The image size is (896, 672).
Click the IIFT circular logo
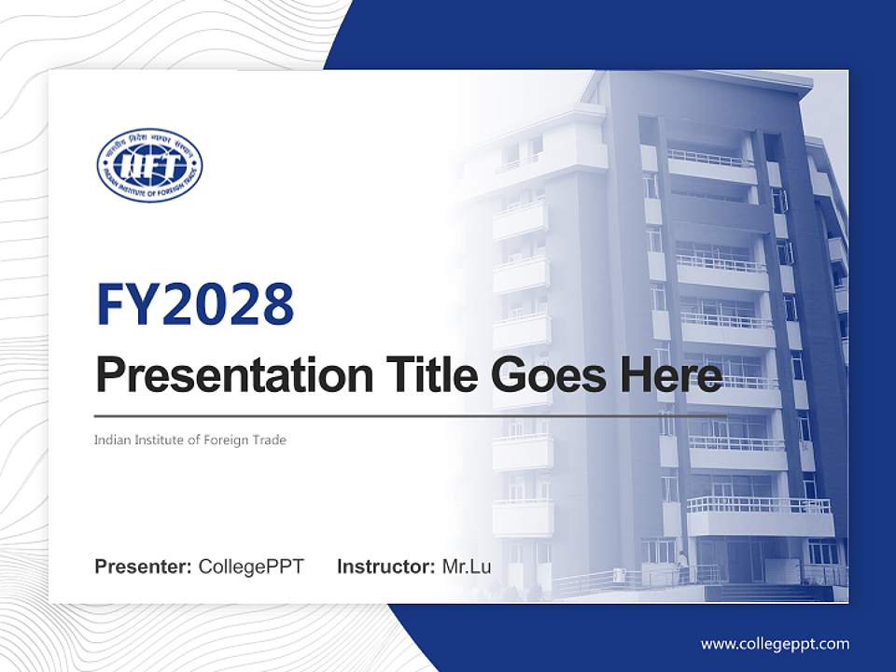click(x=149, y=165)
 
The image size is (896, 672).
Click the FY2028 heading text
click(x=195, y=304)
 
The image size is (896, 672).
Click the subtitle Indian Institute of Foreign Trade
click(x=190, y=440)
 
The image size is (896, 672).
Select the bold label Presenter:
click(x=144, y=567)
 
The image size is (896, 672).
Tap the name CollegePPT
click(x=251, y=567)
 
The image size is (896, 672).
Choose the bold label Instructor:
click(x=385, y=567)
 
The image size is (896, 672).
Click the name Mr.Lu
click(x=467, y=567)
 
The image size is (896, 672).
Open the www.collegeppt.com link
click(x=775, y=643)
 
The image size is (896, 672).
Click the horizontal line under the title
click(x=411, y=415)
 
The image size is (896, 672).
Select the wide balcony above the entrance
click(x=758, y=507)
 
